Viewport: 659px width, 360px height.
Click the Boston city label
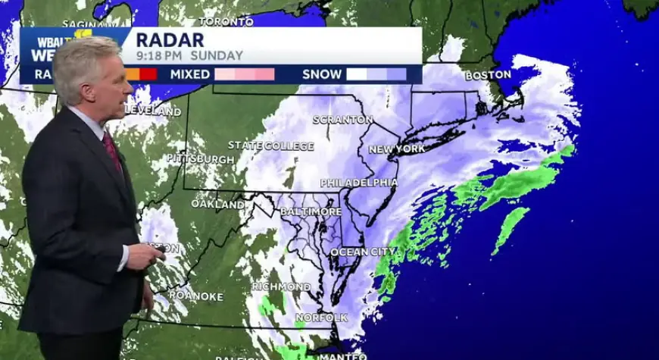(x=488, y=75)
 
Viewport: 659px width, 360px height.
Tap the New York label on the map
(x=397, y=149)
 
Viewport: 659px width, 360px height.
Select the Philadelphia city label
(x=359, y=183)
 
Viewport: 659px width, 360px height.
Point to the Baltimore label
(x=311, y=211)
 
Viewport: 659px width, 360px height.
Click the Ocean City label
(x=363, y=251)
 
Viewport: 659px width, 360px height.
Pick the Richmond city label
(x=281, y=286)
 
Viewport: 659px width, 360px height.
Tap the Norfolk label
(x=321, y=318)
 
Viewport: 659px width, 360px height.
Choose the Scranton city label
(x=343, y=120)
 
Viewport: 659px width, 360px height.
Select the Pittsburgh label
(x=201, y=159)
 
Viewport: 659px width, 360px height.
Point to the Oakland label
(x=217, y=204)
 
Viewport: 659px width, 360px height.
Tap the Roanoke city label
(x=195, y=296)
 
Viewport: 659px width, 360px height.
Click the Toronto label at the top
(x=226, y=21)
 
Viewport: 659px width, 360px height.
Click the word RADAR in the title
(x=170, y=39)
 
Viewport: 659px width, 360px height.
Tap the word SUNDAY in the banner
(x=217, y=55)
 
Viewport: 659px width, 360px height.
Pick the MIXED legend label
(x=189, y=74)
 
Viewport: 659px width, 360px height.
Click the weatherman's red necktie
(x=111, y=149)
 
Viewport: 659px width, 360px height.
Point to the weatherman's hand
(x=148, y=255)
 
